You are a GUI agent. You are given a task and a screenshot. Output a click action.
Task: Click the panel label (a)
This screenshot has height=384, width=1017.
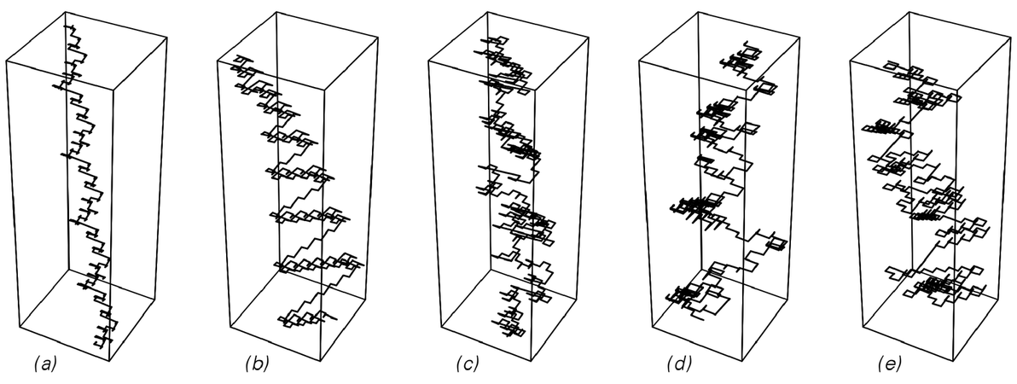[x=45, y=365]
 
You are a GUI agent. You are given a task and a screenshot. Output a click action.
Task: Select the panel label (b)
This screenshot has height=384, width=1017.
[x=256, y=365]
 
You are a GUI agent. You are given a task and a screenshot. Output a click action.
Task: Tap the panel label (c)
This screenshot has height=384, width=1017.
[x=468, y=365]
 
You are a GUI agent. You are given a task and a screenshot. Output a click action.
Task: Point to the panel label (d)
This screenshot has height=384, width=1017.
[x=679, y=365]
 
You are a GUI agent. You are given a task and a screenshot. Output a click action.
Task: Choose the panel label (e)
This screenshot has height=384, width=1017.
[x=890, y=365]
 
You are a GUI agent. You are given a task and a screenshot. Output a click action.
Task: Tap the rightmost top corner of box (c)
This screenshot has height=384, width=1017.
[x=586, y=38]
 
